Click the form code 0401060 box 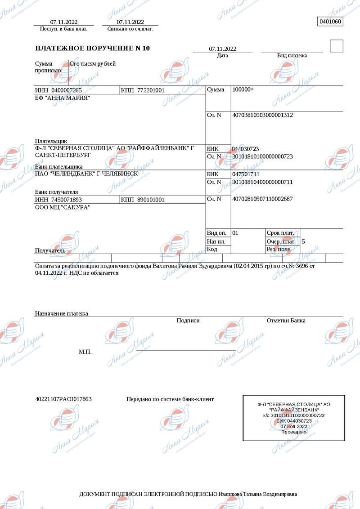coord(330,22)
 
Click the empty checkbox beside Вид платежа coord(336,46)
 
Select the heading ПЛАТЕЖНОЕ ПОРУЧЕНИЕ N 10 coord(93,48)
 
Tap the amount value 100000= coord(243,89)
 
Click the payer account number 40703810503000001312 coord(262,115)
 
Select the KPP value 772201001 coord(151,90)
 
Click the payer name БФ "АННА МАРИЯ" coord(63,98)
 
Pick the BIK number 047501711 coord(246,174)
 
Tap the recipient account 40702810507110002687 coord(262,199)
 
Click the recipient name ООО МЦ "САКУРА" coord(63,207)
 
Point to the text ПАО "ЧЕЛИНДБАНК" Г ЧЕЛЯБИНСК coord(86,174)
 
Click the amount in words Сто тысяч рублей coord(93,64)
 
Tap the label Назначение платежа coord(61,313)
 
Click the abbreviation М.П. coord(85,352)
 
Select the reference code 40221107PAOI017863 coord(63,399)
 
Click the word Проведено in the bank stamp coord(294,432)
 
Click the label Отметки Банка coord(286,321)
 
